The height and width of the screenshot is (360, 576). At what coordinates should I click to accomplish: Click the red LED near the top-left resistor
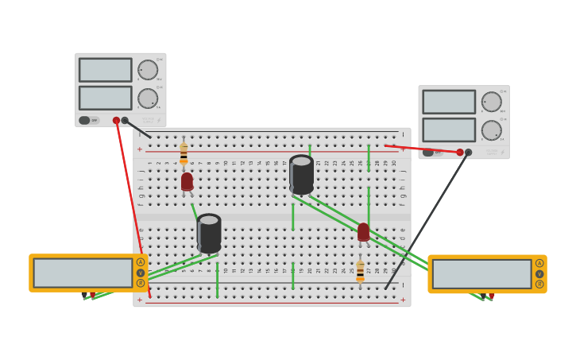[187, 182]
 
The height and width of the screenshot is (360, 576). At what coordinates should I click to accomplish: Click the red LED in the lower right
[363, 232]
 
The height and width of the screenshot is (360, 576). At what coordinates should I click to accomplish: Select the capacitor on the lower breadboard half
[209, 233]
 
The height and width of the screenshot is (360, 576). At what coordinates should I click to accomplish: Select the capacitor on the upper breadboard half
[301, 175]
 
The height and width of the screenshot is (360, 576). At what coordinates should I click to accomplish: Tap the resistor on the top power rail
[184, 152]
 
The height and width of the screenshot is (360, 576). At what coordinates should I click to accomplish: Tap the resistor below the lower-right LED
[360, 270]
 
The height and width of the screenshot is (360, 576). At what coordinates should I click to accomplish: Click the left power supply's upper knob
[148, 70]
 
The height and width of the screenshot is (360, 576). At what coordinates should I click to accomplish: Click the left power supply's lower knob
[148, 99]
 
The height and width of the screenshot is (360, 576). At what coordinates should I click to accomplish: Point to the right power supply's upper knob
[491, 102]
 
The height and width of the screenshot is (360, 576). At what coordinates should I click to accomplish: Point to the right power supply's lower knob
[491, 130]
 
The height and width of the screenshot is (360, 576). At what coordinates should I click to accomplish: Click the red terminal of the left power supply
[116, 121]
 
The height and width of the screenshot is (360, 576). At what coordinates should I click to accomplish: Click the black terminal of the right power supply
[468, 152]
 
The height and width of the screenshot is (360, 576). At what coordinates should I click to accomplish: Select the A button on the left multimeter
[141, 262]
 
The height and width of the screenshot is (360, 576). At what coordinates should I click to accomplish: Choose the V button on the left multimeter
[141, 273]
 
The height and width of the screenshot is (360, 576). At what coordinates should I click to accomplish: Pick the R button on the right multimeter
[539, 284]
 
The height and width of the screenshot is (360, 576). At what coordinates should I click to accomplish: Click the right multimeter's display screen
[481, 274]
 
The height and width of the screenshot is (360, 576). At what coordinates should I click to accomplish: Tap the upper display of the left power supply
[106, 70]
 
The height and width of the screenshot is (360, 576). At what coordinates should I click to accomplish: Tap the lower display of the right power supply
[449, 130]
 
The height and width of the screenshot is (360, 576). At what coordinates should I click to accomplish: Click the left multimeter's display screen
[83, 273]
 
